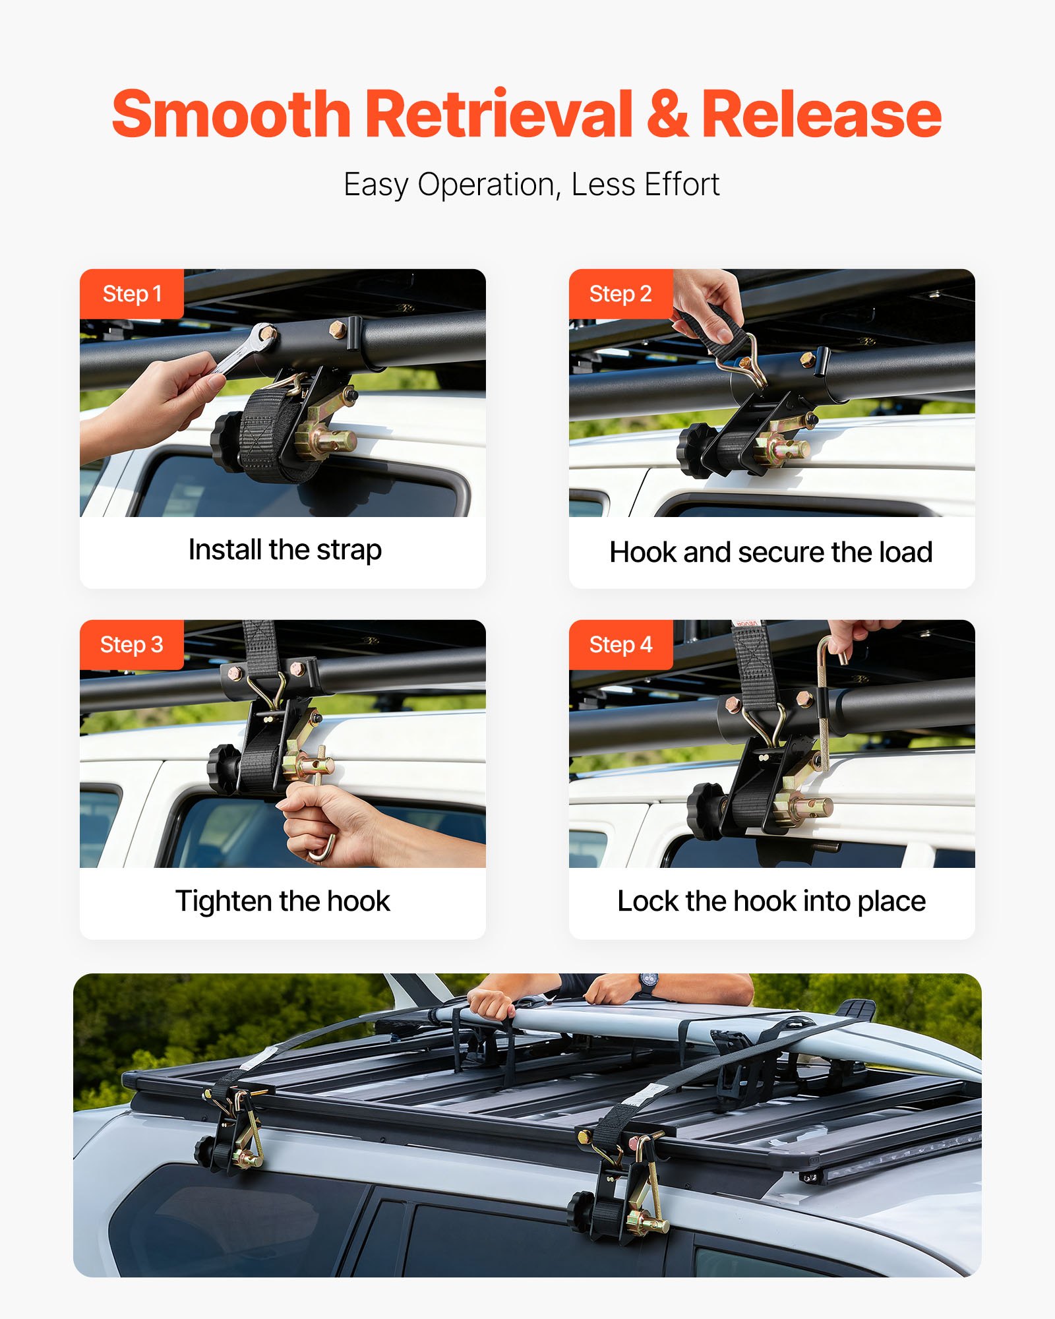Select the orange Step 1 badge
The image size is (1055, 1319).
131,293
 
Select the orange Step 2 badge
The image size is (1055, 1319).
620,293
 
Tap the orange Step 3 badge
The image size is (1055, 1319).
131,644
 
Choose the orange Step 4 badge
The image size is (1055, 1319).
620,644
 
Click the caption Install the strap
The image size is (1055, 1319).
284,549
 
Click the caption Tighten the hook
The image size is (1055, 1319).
282,901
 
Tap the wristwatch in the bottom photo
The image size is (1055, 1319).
648,983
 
